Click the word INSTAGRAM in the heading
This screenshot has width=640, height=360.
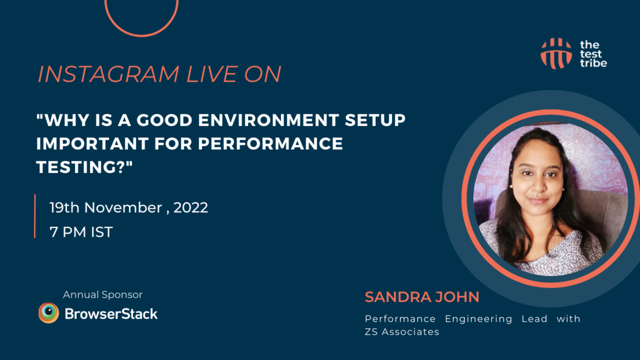coord(108,74)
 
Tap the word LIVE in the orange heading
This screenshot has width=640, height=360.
coord(212,74)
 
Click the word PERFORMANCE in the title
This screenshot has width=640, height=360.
coord(270,144)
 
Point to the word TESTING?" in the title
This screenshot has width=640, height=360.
coord(84,167)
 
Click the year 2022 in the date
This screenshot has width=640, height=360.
coord(191,208)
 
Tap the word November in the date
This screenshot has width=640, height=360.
coord(123,208)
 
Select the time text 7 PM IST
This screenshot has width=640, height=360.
coord(81,232)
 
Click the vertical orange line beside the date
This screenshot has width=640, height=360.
coord(35,216)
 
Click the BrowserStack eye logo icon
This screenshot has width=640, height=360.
coord(49,313)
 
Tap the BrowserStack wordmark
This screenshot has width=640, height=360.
coord(111,314)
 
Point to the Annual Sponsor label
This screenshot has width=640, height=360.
coord(103,295)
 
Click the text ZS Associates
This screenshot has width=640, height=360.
coord(402,332)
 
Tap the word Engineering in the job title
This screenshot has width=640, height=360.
coord(479,319)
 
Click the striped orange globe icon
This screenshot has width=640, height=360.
coord(556,54)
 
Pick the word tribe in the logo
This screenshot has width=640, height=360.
coord(593,63)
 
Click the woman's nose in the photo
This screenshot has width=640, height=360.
coord(538,187)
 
